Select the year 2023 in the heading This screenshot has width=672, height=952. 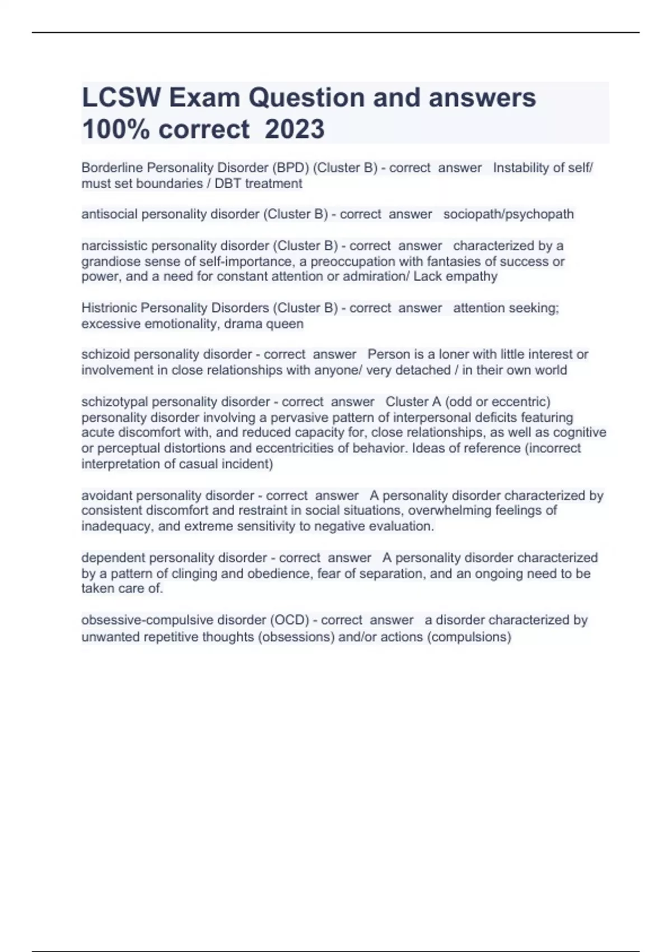click(x=295, y=129)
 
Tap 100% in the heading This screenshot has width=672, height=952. click(x=116, y=129)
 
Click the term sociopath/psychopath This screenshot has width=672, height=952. click(x=508, y=214)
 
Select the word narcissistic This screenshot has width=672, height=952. click(x=114, y=246)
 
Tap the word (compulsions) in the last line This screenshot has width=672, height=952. click(x=469, y=637)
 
